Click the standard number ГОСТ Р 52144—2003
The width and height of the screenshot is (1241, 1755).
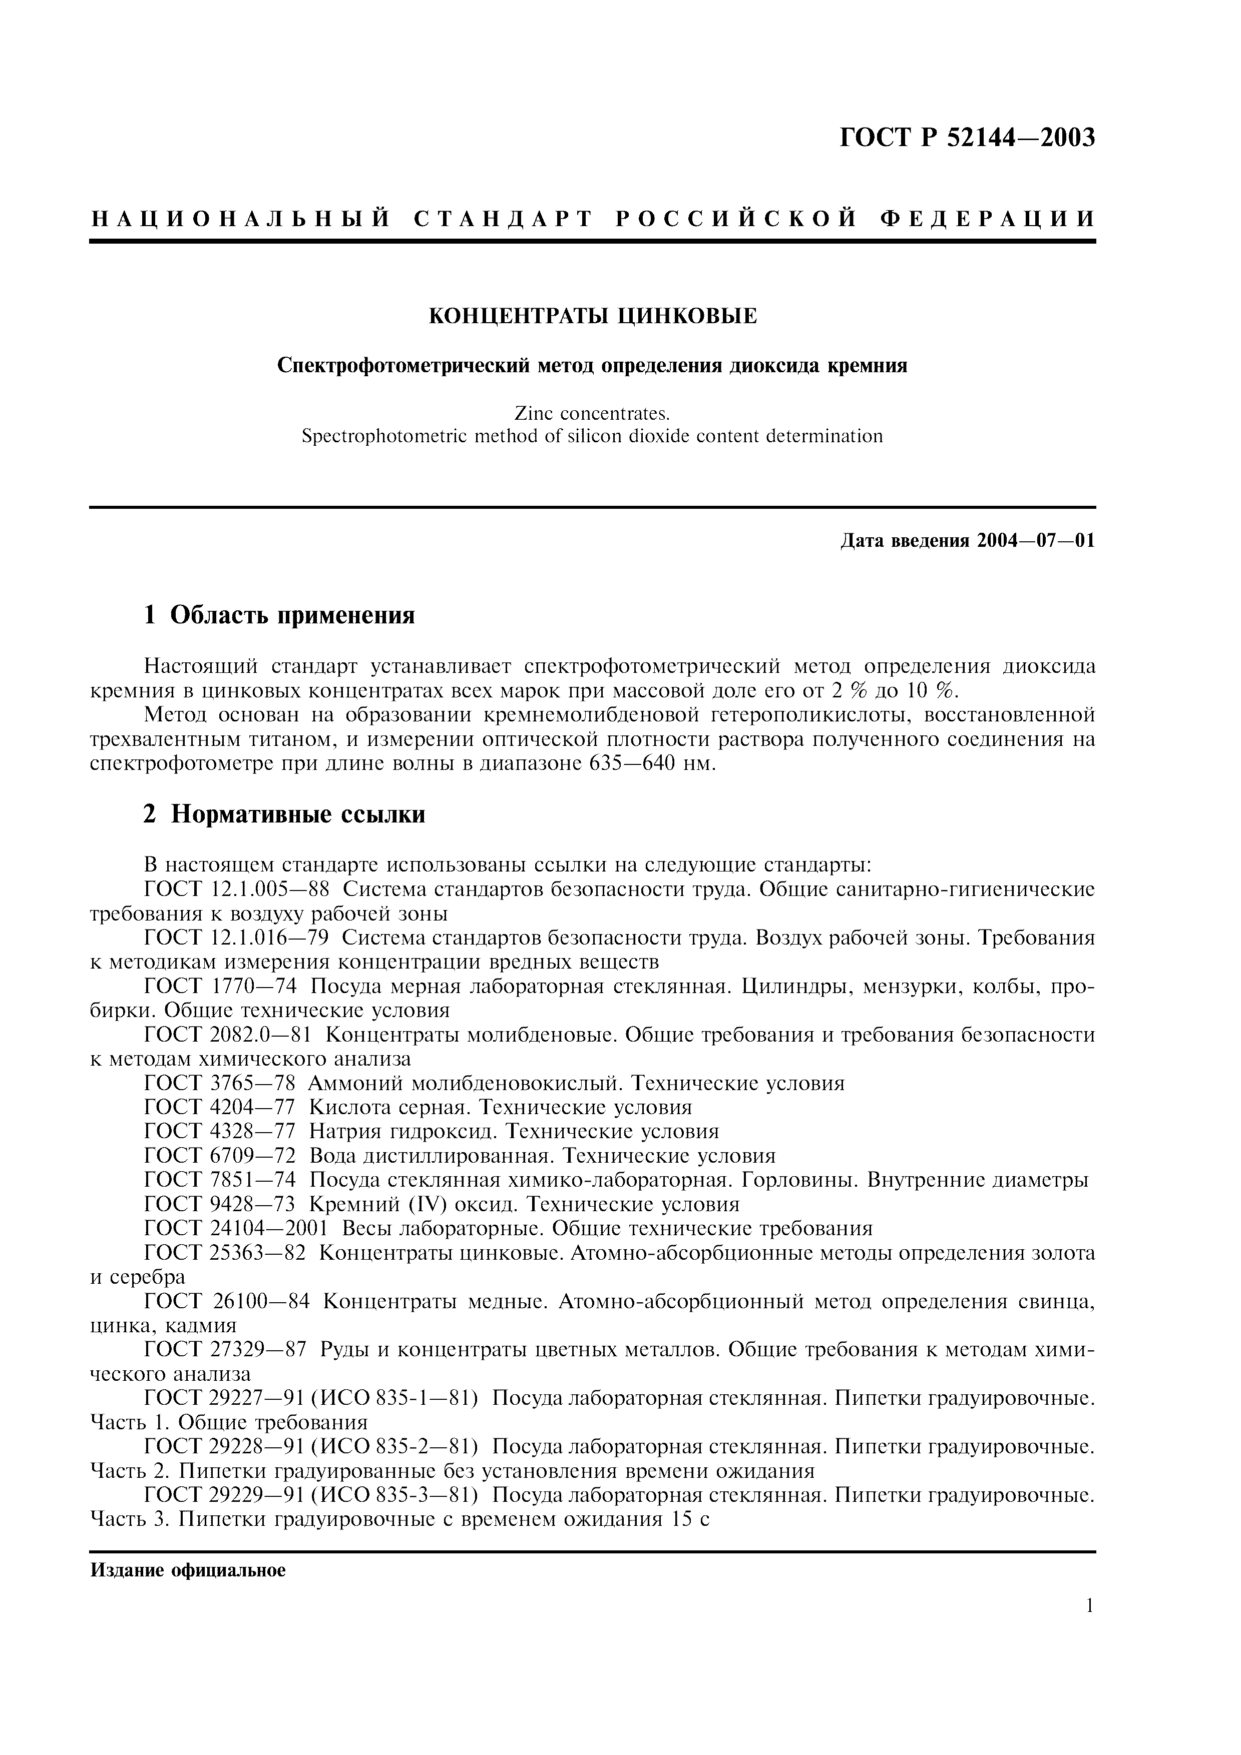[x=967, y=139]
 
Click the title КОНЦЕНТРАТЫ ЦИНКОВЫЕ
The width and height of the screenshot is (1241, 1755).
[x=593, y=316]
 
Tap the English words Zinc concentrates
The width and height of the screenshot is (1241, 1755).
[x=593, y=414]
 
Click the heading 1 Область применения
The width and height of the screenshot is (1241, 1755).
[x=279, y=614]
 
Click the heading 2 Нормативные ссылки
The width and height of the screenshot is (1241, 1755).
[x=284, y=815]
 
